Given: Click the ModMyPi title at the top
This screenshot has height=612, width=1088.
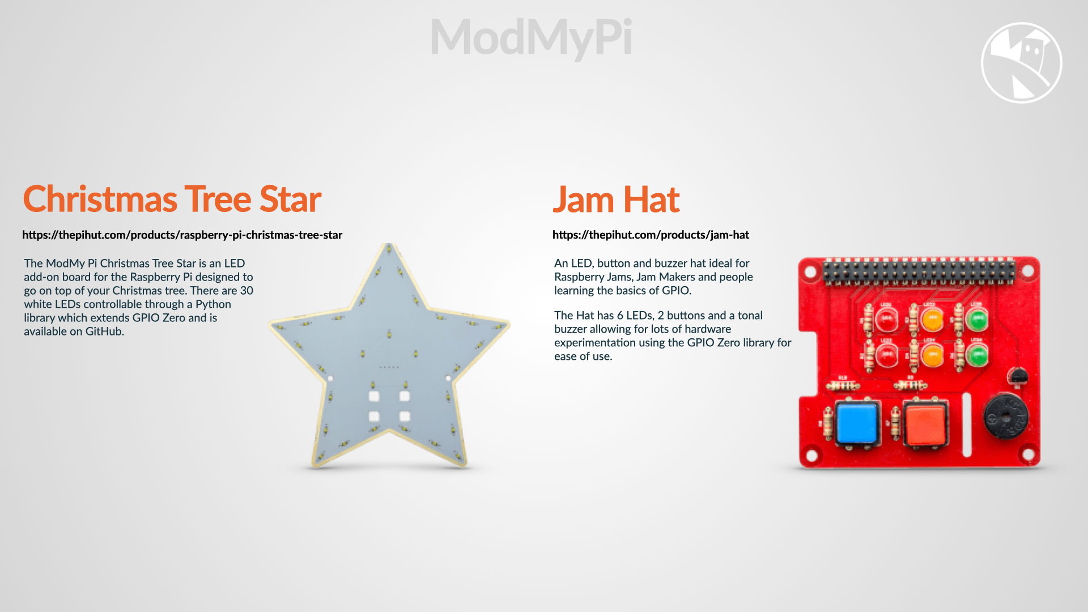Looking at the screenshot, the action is pos(531,38).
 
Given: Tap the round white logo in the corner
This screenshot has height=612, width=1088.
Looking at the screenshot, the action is pos(1021,63).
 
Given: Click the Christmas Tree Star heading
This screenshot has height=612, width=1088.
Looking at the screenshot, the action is pos(172,199).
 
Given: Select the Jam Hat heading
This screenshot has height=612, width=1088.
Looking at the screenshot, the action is pos(616,199).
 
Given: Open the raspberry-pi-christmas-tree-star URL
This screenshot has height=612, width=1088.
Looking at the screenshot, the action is pos(182,235).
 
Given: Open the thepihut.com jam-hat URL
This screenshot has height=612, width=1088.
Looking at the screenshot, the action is pos(651,235).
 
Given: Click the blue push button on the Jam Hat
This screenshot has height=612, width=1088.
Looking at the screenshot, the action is pos(856,423).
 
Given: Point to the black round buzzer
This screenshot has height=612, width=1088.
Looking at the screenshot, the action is pos(1005,417).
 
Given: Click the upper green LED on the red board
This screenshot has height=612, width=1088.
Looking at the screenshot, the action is pos(977,320).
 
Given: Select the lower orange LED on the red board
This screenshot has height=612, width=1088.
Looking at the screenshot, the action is pos(932,356).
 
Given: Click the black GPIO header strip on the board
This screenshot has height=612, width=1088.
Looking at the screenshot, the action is pos(919,271).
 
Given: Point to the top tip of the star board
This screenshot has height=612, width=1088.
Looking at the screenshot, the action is pos(389,244).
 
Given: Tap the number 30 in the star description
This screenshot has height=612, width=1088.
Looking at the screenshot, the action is pos(246,291).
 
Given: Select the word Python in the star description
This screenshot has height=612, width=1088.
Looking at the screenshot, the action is pos(213,305).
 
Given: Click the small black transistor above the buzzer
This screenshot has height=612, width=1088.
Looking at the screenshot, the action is pos(1018,376).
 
